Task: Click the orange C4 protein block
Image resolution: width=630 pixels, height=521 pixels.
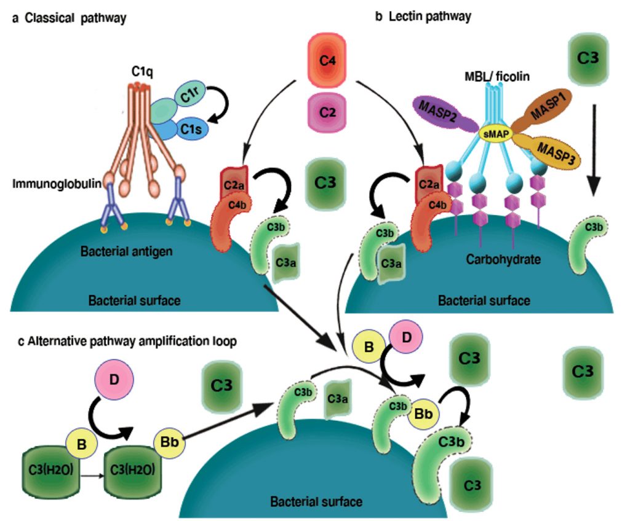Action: pyautogui.click(x=327, y=62)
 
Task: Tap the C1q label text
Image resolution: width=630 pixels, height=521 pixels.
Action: pyautogui.click(x=142, y=71)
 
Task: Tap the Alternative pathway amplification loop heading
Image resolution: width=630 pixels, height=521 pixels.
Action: pyautogui.click(x=124, y=341)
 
